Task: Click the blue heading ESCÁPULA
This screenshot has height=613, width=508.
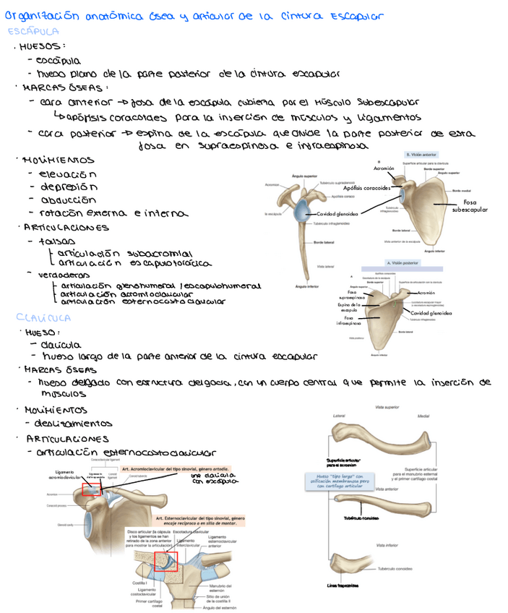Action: click(x=33, y=32)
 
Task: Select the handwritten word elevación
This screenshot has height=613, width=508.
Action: click(x=68, y=174)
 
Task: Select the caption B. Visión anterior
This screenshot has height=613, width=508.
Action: click(x=421, y=154)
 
